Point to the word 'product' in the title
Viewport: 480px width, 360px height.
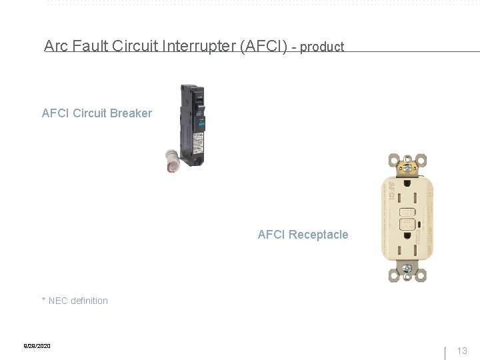click(x=322, y=47)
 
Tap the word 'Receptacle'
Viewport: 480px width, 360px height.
click(x=317, y=235)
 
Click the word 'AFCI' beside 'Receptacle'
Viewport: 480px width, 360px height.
click(x=271, y=235)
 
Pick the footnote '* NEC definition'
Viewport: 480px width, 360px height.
click(x=75, y=301)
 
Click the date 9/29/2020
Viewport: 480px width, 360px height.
click(x=37, y=346)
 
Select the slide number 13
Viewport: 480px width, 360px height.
click(x=462, y=351)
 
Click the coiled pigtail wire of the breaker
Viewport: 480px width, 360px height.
click(x=173, y=161)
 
